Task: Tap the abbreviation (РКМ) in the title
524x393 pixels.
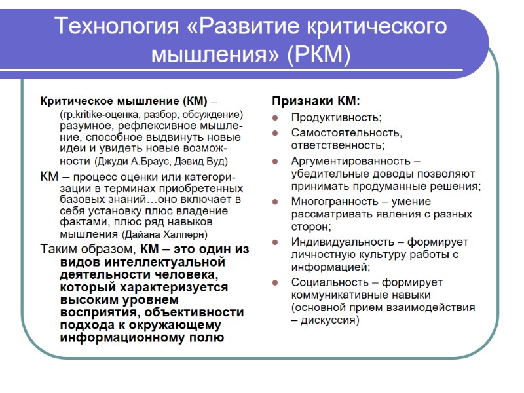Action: [x=319, y=54]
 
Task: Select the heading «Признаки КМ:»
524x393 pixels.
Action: [x=316, y=102]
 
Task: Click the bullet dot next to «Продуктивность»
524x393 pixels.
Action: [x=276, y=118]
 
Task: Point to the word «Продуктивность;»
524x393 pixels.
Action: [x=336, y=118]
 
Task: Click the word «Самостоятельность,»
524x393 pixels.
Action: [x=347, y=132]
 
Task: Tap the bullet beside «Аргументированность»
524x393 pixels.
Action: [x=276, y=161]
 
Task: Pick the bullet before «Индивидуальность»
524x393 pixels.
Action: [x=276, y=242]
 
